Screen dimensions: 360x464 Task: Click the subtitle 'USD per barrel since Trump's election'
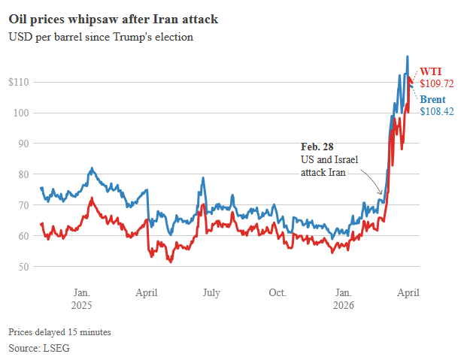101,36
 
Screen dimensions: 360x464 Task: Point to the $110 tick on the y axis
20,82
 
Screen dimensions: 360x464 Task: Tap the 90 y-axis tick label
23,144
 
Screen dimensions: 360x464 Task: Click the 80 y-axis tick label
23,174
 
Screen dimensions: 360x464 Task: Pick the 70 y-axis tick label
23,205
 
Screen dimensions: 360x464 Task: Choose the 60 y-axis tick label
23,236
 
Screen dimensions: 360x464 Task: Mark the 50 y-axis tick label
23,267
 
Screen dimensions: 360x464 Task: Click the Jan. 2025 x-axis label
82,298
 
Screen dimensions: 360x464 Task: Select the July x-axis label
211,292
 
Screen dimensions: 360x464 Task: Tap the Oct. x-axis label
277,292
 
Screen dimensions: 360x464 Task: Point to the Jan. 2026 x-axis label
344,298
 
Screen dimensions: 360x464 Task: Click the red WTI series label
431,71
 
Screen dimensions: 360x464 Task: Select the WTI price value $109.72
437,84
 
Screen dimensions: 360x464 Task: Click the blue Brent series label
432,99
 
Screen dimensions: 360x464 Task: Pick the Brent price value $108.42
437,112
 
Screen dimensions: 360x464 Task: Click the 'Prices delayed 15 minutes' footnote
59,331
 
